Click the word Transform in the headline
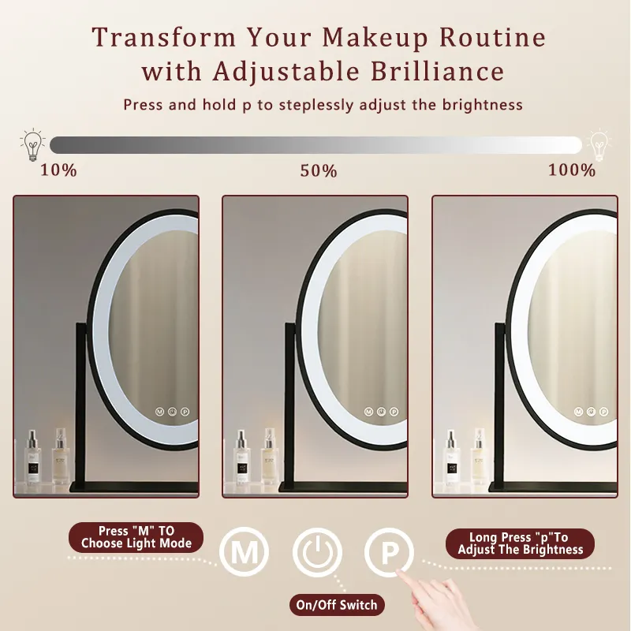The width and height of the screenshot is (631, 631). pos(164,37)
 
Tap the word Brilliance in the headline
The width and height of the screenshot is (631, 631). pos(437,71)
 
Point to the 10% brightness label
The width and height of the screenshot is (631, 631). pos(58,170)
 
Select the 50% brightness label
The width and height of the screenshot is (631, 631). pos(319,171)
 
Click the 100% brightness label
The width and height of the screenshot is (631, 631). pos(571,170)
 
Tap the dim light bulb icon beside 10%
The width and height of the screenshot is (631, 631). pos(32,145)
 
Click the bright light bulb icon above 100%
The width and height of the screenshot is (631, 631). pos(599,145)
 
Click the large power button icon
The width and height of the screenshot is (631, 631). pos(317,551)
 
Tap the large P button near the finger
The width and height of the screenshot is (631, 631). pos(389,552)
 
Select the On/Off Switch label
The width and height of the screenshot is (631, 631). pos(337,604)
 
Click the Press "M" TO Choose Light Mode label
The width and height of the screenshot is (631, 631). pos(136,537)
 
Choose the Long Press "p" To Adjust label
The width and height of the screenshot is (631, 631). pos(520,543)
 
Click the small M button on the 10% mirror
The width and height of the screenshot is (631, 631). pos(160,412)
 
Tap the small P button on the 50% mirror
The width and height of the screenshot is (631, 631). pos(394,412)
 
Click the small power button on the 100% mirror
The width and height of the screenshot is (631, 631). pos(591,412)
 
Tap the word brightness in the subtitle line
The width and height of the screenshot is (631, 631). pos(482,105)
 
